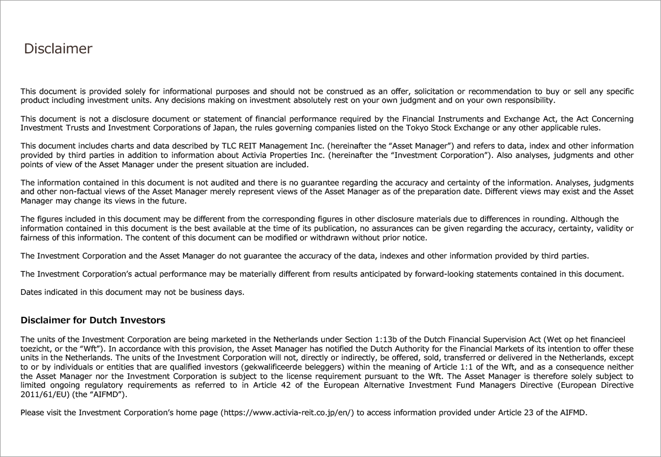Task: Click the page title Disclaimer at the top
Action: [x=58, y=49]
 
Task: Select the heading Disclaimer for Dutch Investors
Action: [x=93, y=320]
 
